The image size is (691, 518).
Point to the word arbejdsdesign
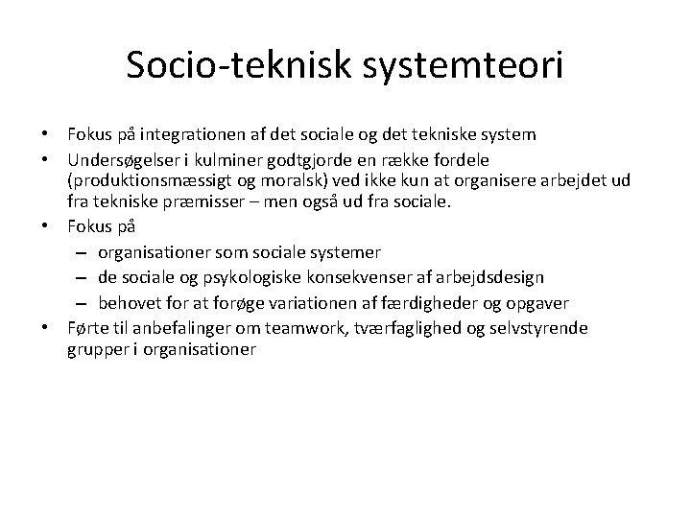coord(495,277)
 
